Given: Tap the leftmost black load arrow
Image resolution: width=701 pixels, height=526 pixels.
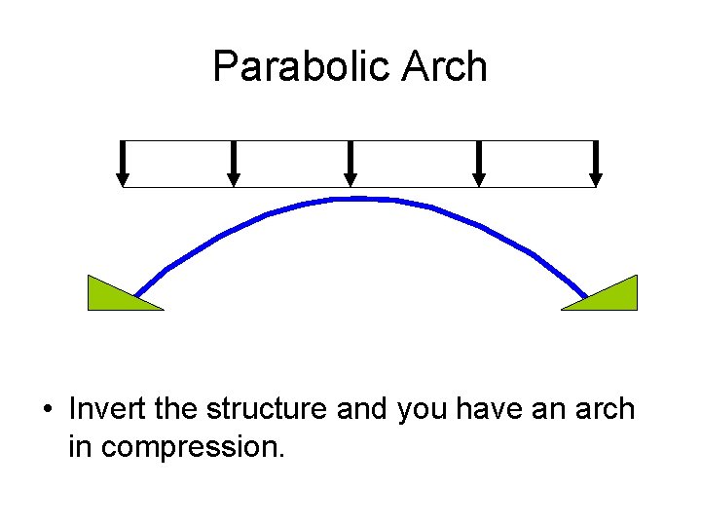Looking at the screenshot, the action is pyautogui.click(x=123, y=163).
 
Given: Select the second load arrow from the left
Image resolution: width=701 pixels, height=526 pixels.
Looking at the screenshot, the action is pyautogui.click(x=233, y=163).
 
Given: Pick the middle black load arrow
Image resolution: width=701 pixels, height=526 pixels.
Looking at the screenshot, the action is pyautogui.click(x=351, y=163).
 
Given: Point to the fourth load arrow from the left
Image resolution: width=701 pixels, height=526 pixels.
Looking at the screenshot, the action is pyautogui.click(x=478, y=163).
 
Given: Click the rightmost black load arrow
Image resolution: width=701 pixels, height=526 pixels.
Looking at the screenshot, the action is pyautogui.click(x=596, y=163).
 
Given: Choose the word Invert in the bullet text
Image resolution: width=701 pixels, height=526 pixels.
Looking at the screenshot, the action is pyautogui.click(x=107, y=409).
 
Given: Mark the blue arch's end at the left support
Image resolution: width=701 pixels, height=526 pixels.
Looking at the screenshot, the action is pyautogui.click(x=137, y=292).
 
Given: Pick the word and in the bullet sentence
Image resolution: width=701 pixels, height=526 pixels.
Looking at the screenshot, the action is pyautogui.click(x=363, y=409).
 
